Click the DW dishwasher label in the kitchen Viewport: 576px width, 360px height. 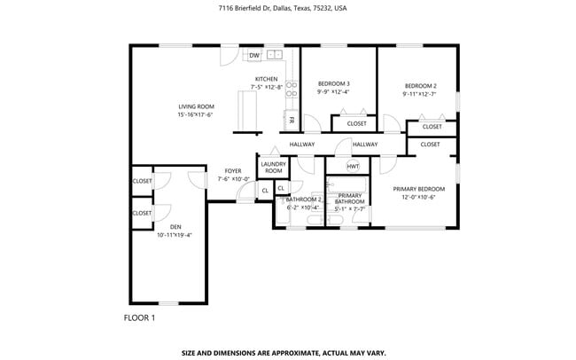[x=254, y=56]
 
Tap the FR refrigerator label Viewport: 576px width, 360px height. [x=291, y=121]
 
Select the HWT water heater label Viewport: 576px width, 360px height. [x=353, y=166]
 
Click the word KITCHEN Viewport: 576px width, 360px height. [x=267, y=79]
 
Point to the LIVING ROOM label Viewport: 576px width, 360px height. [x=196, y=106]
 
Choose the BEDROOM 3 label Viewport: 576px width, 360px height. [x=333, y=83]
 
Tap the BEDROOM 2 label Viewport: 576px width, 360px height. [x=420, y=85]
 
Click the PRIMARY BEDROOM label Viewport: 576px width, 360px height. [x=419, y=189]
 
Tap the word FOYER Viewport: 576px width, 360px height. [x=233, y=170]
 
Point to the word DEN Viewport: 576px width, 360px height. [x=175, y=227]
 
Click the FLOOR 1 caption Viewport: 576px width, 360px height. [x=138, y=317]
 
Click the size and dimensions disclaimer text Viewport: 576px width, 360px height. [x=284, y=352]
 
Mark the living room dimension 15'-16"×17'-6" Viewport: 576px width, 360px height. [x=196, y=114]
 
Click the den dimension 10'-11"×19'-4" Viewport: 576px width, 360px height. [x=175, y=235]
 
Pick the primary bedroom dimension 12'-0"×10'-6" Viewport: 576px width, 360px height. [x=419, y=197]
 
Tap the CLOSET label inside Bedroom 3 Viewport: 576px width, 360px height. [x=356, y=123]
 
